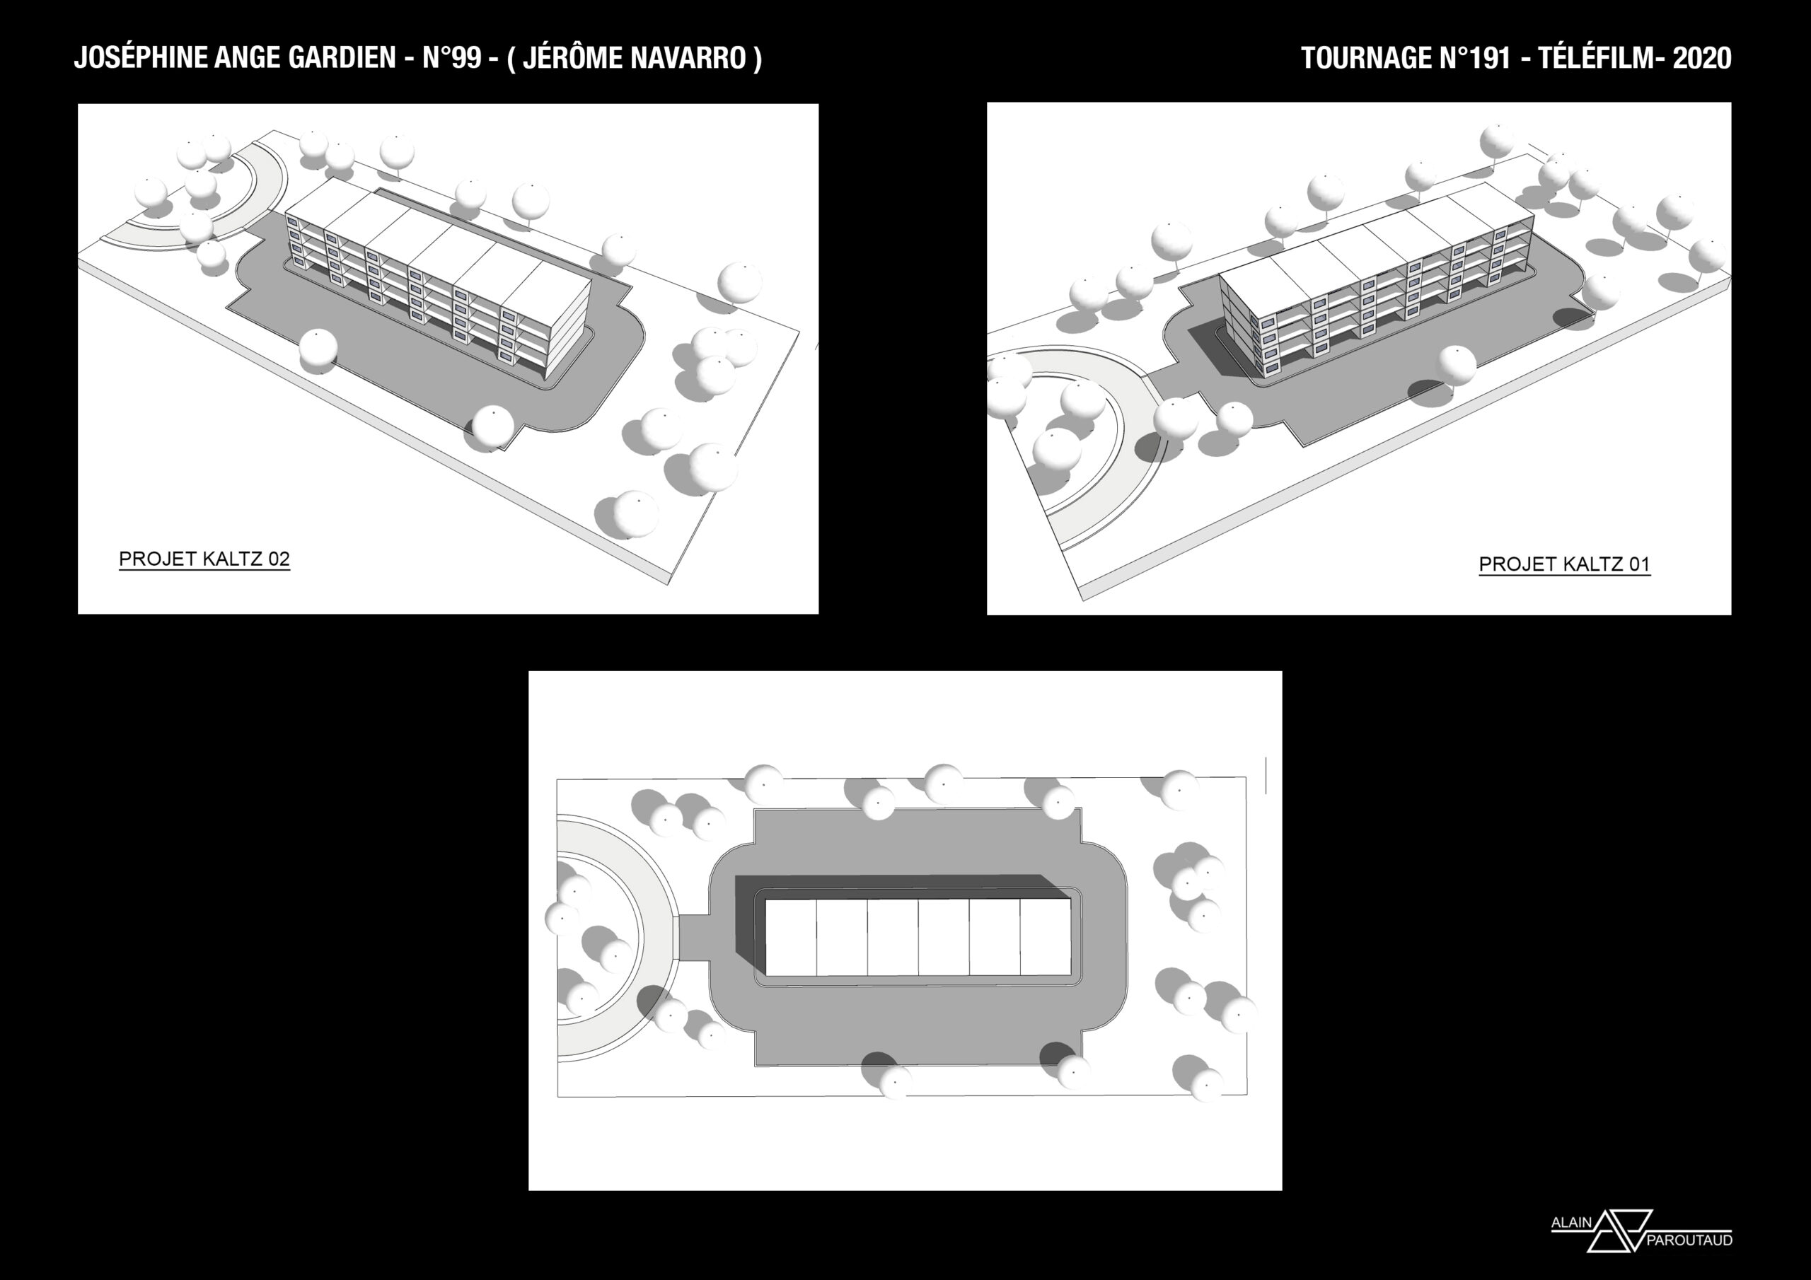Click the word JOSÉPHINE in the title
141,57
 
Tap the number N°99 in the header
452,57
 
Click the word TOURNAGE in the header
1366,57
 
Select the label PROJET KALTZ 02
204,559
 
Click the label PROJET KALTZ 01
1564,564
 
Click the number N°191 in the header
1475,57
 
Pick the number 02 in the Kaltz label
279,559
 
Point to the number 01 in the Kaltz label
1639,564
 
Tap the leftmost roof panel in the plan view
791,937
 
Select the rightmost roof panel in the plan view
1045,937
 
